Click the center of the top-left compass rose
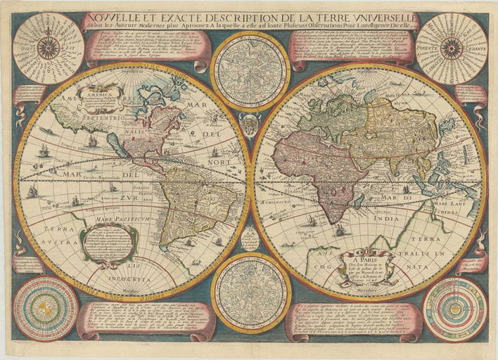48,48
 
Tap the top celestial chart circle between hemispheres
249,70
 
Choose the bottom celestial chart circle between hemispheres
249,292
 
